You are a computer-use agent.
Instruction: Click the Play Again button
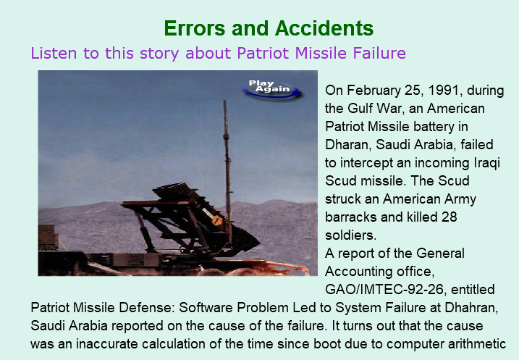pos(271,88)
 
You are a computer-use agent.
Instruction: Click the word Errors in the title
pos(195,28)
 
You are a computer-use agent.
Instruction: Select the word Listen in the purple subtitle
pos(54,53)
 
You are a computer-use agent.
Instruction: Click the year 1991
pos(445,91)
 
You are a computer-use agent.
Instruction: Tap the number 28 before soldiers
pos(450,217)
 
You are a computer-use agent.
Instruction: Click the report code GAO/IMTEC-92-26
pos(384,290)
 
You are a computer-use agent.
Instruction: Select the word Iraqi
pos(486,163)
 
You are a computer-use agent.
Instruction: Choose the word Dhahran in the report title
pos(471,308)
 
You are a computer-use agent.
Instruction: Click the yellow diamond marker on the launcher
pos(216,219)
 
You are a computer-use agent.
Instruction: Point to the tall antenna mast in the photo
pos(227,172)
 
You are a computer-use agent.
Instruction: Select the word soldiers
pos(351,235)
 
